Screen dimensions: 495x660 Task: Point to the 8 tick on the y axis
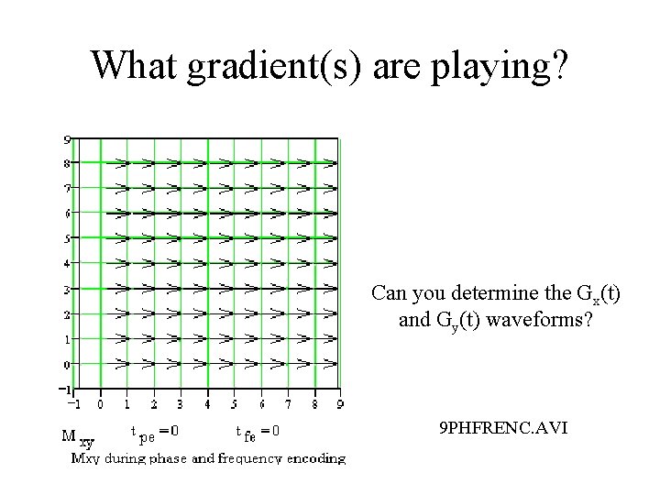tap(67, 164)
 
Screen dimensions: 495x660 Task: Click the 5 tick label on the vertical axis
tap(67, 239)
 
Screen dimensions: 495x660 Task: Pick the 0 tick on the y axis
tap(67, 364)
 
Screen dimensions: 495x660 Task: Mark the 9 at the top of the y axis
tap(67, 139)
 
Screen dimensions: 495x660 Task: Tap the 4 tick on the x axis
tap(207, 403)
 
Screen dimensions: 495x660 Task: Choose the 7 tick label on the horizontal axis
tap(289, 403)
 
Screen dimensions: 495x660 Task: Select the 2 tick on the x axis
tap(153, 403)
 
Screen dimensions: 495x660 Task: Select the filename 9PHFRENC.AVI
tap(503, 427)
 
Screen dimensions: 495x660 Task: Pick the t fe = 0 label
tap(258, 430)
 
